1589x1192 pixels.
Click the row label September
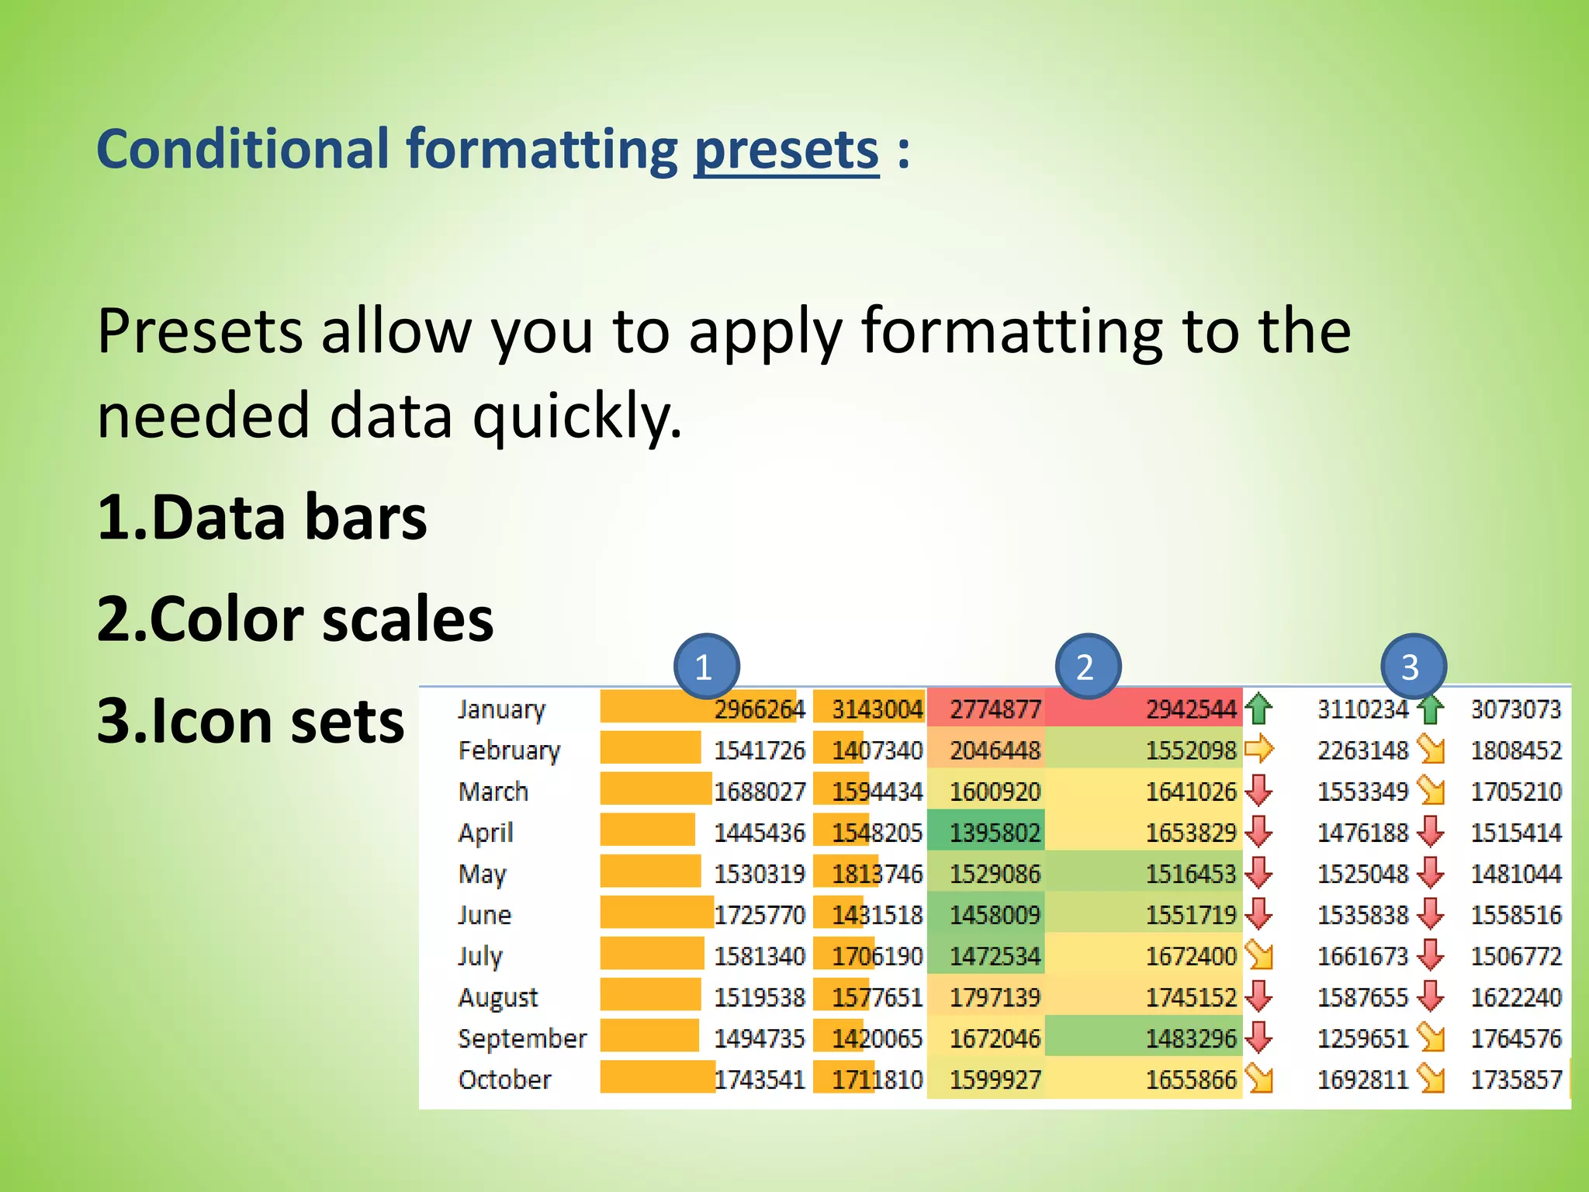click(521, 1038)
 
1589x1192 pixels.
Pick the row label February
click(509, 750)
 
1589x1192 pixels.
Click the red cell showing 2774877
click(995, 709)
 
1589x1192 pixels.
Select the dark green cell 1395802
click(995, 833)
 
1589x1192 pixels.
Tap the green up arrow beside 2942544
click(1258, 709)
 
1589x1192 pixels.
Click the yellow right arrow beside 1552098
click(1258, 750)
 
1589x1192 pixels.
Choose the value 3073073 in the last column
click(1515, 709)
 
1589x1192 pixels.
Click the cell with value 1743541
click(759, 1079)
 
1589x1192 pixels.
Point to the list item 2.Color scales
click(295, 619)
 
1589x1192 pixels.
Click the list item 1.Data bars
click(261, 518)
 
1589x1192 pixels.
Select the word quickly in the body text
click(577, 417)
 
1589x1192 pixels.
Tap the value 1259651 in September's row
click(1362, 1038)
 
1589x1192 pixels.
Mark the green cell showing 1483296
click(1190, 1038)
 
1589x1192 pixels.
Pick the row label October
click(504, 1079)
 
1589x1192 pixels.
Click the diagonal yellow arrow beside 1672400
click(1259, 955)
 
